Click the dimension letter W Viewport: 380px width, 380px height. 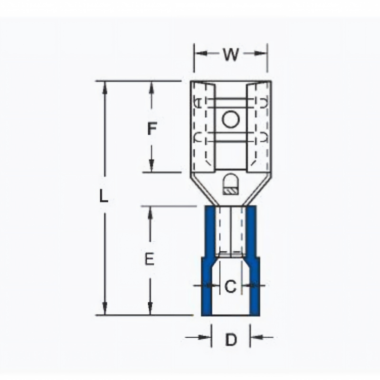pos(231,54)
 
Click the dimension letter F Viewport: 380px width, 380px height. pos(152,129)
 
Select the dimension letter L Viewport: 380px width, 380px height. pos(104,196)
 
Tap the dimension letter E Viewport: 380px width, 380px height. pos(149,258)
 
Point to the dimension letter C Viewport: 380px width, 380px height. pos(230,286)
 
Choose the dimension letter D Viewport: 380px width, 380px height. pos(231,340)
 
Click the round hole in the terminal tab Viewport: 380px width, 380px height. pos(231,120)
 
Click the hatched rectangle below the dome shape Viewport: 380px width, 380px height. pos(231,191)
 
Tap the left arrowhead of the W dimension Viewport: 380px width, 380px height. pos(200,53)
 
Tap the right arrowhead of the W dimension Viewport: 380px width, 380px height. pos(261,53)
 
